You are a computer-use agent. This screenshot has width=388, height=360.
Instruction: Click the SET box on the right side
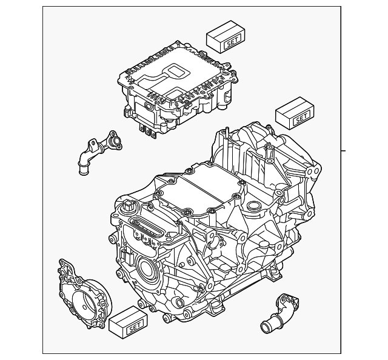295,113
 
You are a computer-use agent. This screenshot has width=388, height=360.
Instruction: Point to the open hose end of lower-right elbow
266,327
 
